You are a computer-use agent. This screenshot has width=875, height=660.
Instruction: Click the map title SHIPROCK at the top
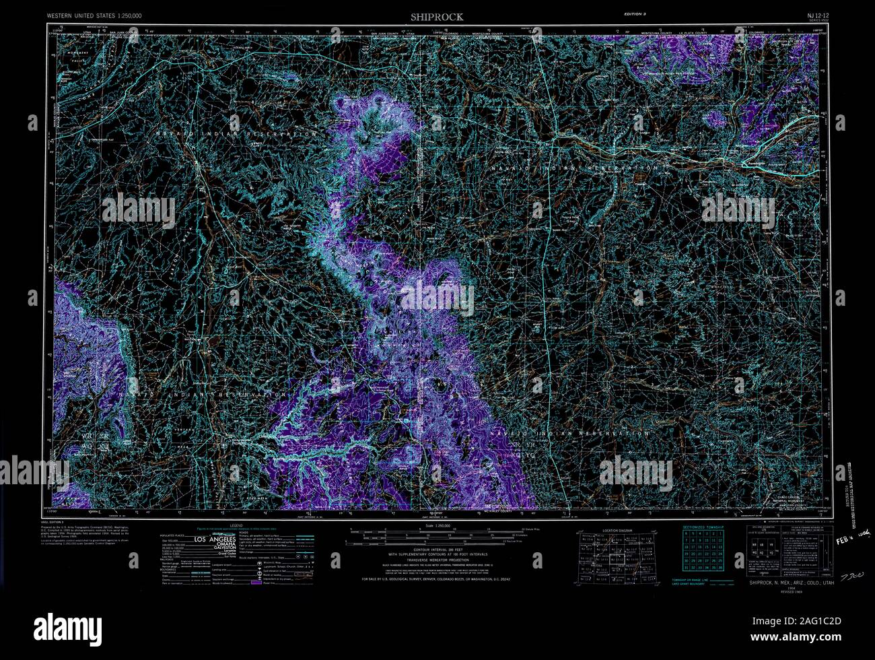click(x=438, y=16)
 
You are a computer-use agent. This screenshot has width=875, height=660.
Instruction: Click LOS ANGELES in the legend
click(x=215, y=540)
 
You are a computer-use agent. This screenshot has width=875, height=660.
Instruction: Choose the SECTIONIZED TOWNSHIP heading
click(x=703, y=527)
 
